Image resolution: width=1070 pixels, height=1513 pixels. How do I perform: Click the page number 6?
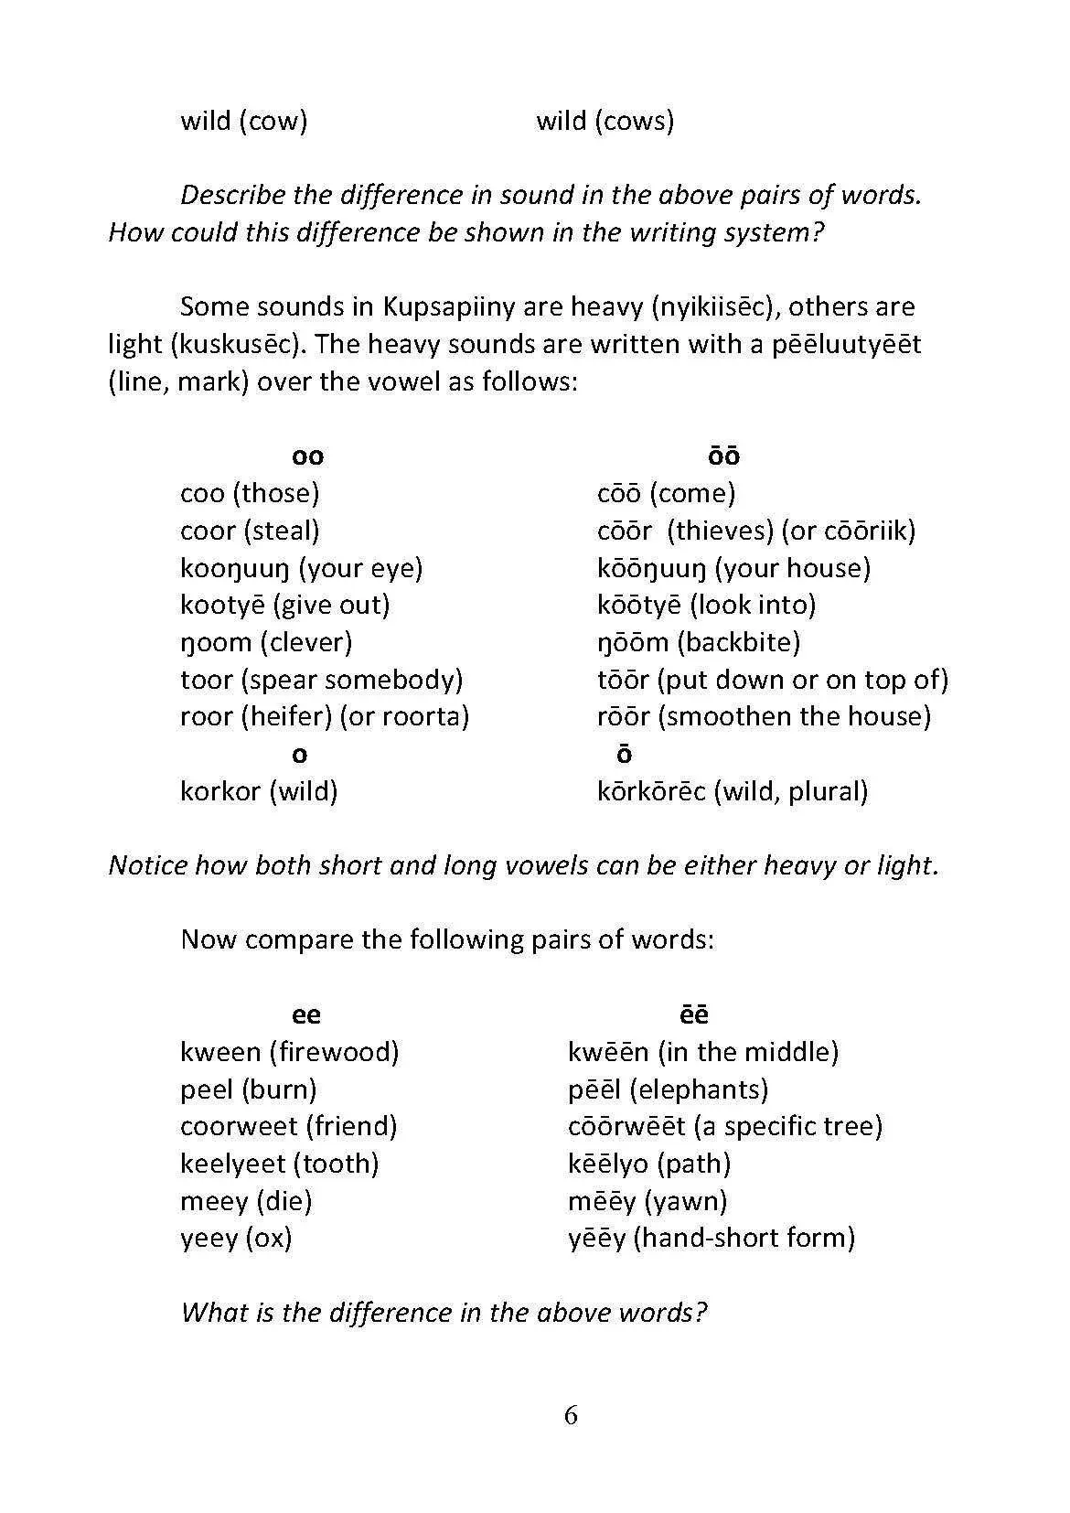click(571, 1416)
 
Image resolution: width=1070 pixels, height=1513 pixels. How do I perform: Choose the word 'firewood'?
click(334, 1052)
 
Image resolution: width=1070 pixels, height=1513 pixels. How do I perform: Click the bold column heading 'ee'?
click(306, 1014)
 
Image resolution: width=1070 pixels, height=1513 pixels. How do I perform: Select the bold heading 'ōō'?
click(723, 456)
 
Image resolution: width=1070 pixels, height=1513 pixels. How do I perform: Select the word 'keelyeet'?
click(233, 1164)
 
